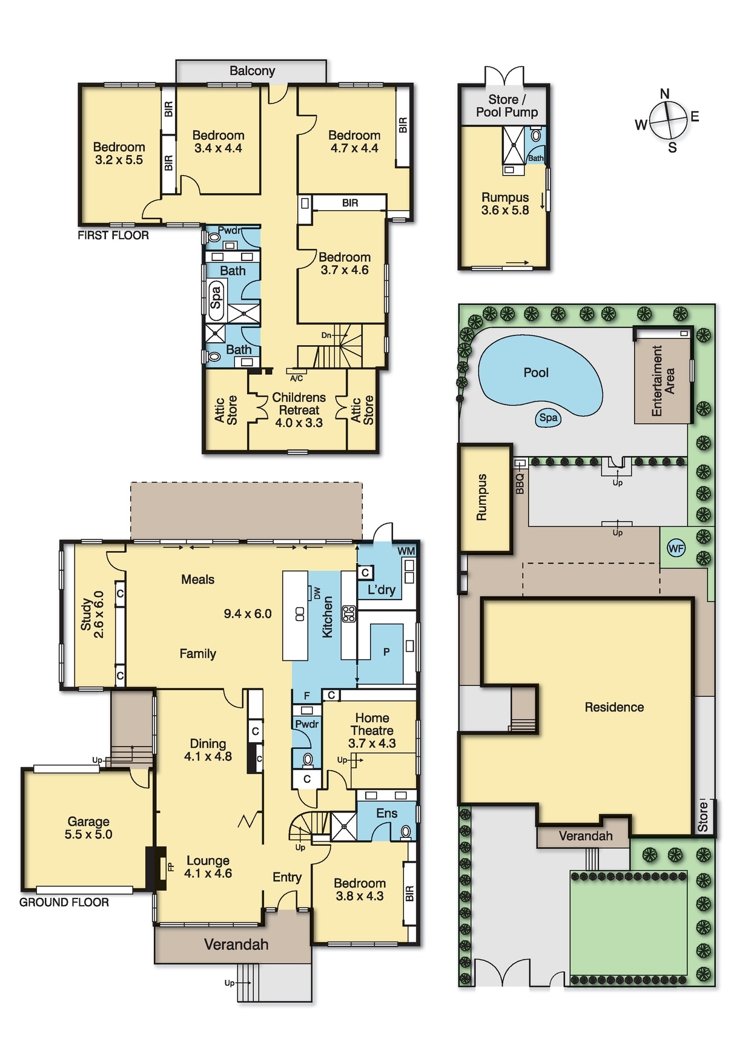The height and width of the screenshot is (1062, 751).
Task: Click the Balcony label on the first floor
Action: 252,71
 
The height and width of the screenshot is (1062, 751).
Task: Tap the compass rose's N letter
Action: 665,94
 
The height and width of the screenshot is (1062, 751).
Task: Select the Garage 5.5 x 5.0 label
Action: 88,828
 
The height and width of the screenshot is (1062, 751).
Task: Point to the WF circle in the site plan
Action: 676,549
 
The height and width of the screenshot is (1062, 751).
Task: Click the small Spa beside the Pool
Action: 549,417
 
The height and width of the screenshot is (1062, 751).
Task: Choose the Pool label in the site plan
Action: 536,373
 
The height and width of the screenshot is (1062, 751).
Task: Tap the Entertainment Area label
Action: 663,381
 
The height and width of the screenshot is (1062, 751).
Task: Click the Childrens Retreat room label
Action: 299,410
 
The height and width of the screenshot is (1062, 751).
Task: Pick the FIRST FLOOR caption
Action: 113,236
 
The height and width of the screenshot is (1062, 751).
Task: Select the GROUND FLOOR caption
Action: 64,902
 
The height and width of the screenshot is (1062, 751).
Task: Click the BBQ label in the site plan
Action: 520,484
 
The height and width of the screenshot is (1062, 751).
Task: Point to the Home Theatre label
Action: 372,724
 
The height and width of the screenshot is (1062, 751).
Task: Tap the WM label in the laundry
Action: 406,551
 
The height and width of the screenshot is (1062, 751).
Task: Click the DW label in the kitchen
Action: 317,593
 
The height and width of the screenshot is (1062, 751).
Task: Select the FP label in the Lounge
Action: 171,868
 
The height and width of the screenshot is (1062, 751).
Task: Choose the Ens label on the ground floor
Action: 386,813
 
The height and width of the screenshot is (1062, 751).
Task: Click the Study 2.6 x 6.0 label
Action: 92,615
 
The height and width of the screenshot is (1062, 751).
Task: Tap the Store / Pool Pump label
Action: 507,106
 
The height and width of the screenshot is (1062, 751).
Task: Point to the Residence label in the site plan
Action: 614,707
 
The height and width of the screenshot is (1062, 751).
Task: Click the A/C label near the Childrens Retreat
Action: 296,378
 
